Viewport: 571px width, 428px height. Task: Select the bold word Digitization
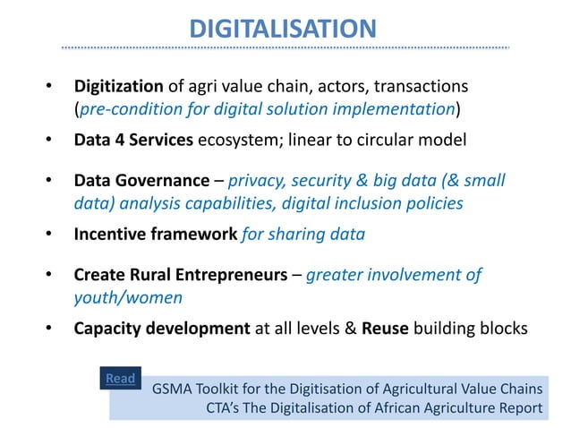point(118,87)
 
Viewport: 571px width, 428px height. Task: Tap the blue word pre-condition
point(129,111)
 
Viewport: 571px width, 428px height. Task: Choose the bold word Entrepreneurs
point(229,275)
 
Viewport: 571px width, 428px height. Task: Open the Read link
point(121,379)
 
